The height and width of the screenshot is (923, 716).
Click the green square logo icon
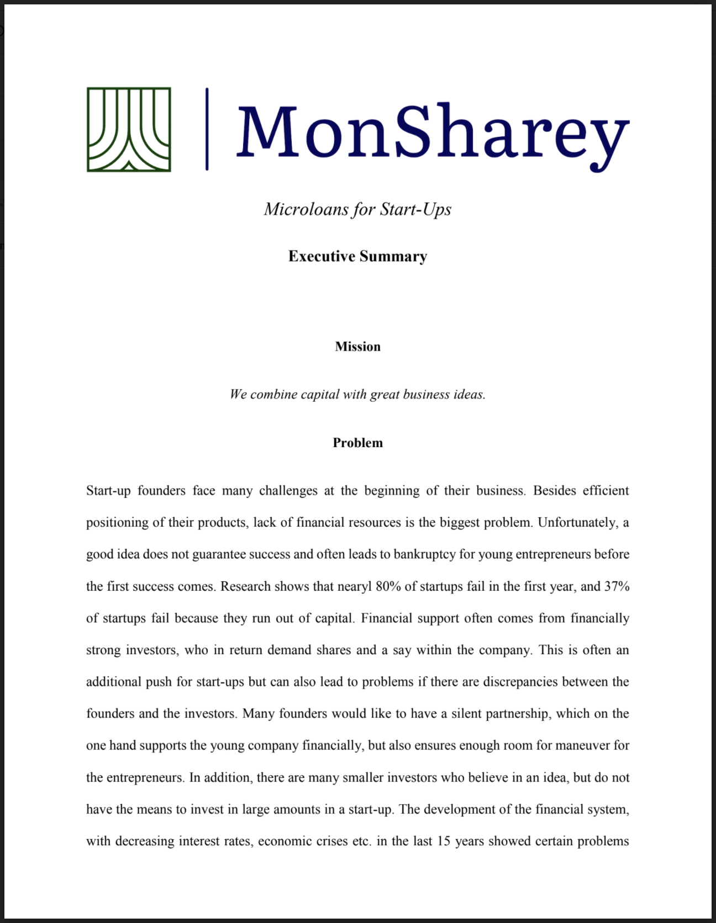(129, 130)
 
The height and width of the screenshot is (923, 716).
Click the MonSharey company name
(433, 132)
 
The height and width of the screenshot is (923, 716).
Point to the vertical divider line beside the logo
(207, 129)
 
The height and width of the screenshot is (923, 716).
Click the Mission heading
(357, 347)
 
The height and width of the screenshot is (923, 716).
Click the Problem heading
(357, 443)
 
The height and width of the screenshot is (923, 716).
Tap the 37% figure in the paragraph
(617, 586)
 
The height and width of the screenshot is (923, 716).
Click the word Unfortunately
(577, 523)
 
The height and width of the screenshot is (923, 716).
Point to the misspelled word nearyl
(354, 586)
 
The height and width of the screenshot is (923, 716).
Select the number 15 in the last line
(444, 841)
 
